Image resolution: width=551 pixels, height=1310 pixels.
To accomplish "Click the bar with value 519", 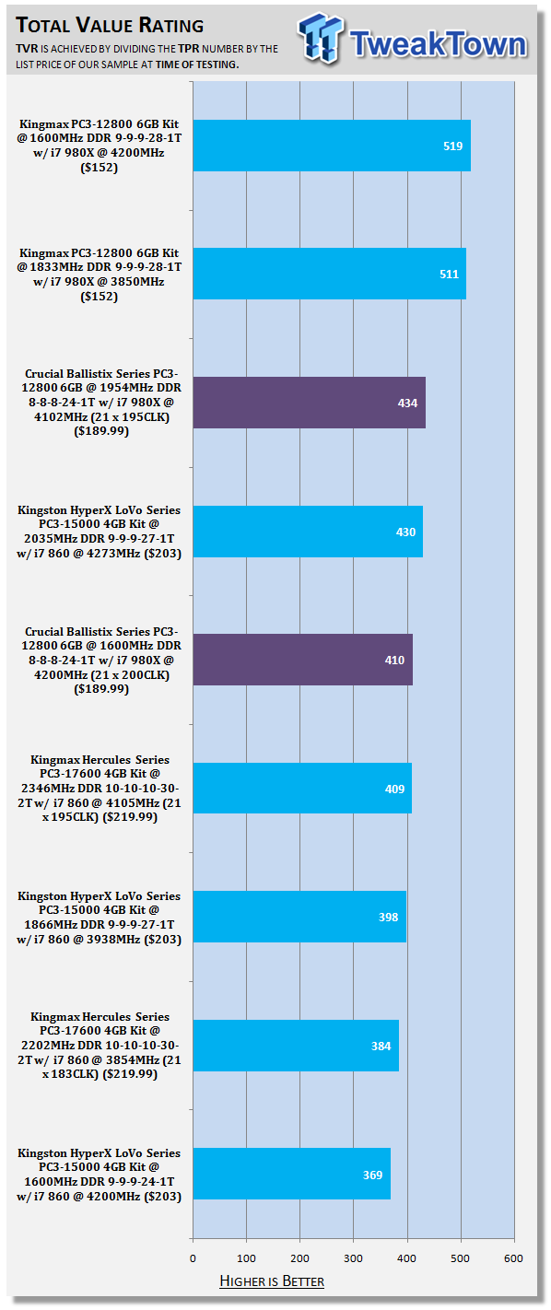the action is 332,146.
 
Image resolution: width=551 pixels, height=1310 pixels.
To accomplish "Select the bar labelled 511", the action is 329,274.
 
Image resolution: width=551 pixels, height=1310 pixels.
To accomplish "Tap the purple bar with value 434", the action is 310,403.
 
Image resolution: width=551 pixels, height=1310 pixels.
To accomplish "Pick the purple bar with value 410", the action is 303,660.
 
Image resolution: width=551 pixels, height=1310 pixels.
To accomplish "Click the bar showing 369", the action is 292,1174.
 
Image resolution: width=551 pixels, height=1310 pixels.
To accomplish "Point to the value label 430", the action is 405,532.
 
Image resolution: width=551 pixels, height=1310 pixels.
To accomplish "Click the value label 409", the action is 395,789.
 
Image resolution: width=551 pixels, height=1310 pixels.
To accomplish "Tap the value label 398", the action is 389,917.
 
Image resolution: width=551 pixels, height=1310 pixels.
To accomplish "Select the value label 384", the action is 381,1046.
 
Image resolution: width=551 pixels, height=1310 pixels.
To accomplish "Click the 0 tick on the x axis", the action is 193,1258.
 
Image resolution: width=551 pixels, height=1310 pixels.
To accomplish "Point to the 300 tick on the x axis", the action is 353,1258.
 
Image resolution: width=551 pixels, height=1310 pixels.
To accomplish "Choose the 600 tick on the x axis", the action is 513,1258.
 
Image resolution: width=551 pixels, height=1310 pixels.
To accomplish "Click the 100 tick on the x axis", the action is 246,1258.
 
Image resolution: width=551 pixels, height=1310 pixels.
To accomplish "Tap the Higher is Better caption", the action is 272,1281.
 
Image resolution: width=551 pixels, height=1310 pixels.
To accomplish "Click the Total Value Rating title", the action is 110,25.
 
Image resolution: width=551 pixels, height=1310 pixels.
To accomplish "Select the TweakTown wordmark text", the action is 439,44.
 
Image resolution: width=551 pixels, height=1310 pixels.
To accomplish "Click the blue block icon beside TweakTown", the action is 320,38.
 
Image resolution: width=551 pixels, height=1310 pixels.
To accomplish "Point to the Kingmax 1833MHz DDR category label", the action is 99,275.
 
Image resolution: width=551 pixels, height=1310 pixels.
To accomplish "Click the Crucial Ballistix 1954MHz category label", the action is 101,403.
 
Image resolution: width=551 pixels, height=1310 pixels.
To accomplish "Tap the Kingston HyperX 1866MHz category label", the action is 99,918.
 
